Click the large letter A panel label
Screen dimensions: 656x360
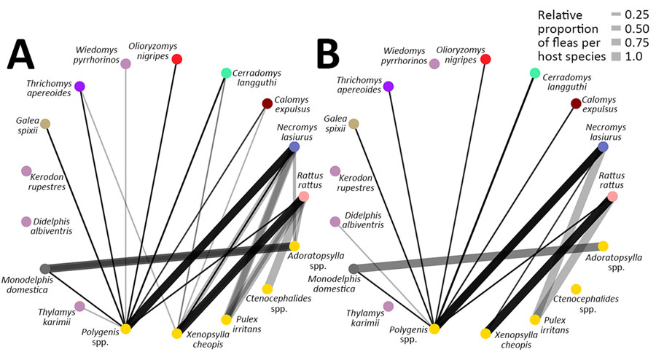[21, 54]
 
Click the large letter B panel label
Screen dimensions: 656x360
[328, 54]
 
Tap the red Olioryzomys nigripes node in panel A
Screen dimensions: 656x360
[177, 59]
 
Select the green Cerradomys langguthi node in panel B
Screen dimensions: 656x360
[535, 73]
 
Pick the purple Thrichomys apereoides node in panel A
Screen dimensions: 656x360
[79, 87]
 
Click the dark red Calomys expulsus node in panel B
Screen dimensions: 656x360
[576, 103]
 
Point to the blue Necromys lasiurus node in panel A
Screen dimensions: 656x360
[294, 146]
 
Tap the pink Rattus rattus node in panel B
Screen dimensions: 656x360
[612, 196]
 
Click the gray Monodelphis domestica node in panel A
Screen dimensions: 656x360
[45, 268]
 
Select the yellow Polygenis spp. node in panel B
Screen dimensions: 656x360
[434, 329]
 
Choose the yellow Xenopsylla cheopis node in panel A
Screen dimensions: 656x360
[177, 333]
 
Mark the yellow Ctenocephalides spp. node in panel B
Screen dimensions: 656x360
[576, 289]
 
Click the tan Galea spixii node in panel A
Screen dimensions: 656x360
[45, 124]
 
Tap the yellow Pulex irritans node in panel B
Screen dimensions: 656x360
[535, 320]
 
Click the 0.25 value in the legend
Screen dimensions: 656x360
[637, 15]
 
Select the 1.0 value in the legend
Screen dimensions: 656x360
[633, 56]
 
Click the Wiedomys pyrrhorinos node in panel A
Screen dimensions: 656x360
[125, 63]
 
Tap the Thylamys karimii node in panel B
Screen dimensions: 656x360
[388, 307]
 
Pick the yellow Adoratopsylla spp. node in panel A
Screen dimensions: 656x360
[294, 246]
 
